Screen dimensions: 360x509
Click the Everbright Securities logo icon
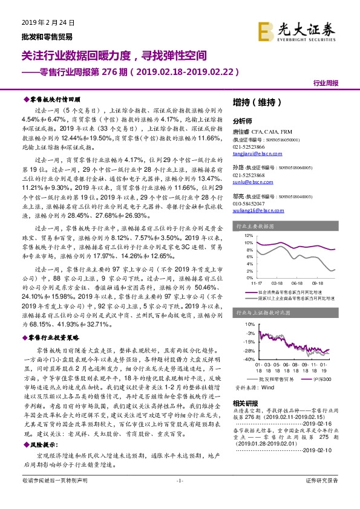(x=265, y=30)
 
